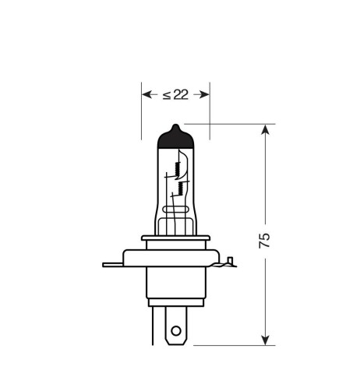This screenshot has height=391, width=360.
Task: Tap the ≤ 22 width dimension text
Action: [x=175, y=94]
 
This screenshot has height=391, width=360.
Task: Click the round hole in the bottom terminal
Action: [x=176, y=329]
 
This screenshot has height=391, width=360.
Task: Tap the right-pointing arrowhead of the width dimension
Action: [x=206, y=94]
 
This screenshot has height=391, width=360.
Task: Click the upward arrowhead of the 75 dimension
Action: [x=267, y=129]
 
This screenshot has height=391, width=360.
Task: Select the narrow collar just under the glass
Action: [x=176, y=238]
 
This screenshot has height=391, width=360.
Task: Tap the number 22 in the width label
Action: [x=181, y=94]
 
